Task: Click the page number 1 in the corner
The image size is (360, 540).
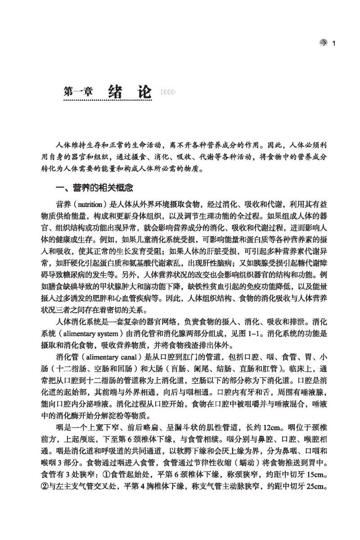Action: click(x=333, y=43)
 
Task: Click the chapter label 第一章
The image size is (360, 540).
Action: click(x=79, y=91)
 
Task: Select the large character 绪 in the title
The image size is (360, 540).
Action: click(x=117, y=90)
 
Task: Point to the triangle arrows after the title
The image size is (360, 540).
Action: click(x=168, y=92)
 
